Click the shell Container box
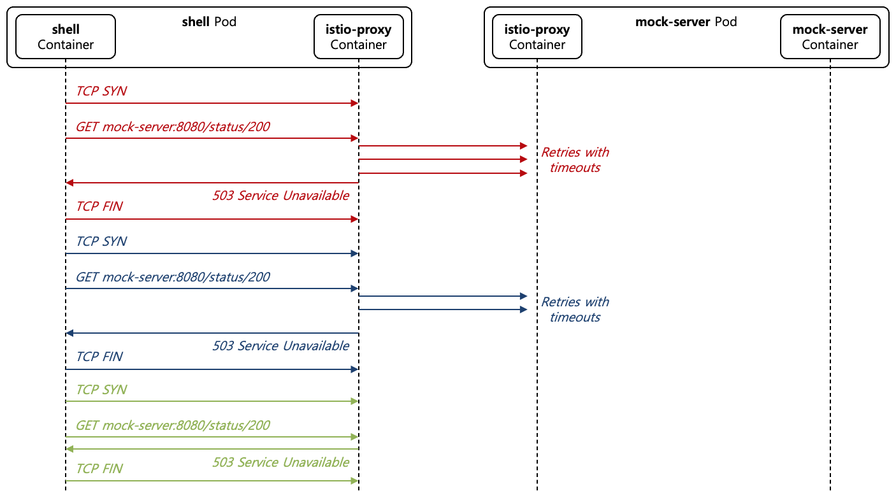tap(65, 38)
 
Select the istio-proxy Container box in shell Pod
tap(358, 38)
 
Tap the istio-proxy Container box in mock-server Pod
tap(537, 38)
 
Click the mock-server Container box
tap(830, 38)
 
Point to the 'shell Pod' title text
tap(209, 22)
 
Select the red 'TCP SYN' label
tap(101, 91)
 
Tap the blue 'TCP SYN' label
tap(101, 241)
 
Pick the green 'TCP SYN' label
tap(101, 390)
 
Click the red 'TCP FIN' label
tap(99, 206)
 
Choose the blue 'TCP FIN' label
tap(99, 357)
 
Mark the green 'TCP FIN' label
tap(99, 469)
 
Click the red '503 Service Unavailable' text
tap(280, 196)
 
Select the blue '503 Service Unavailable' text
tap(280, 346)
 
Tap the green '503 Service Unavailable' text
tap(280, 462)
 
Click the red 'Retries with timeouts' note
tap(575, 160)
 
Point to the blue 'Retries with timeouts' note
tap(575, 310)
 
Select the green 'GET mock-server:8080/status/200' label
tap(173, 425)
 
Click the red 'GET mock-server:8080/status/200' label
tap(173, 127)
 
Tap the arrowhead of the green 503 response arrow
tap(69, 449)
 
